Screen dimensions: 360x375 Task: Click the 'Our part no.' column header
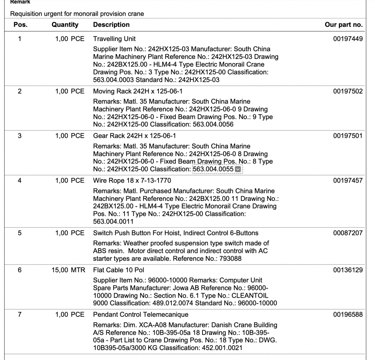[x=344, y=25]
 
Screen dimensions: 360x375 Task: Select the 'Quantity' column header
[x=65, y=25]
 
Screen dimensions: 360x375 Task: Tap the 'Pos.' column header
[x=20, y=25]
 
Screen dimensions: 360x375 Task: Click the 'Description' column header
[x=111, y=25]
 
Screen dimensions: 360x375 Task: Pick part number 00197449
[x=348, y=39]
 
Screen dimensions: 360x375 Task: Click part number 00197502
[x=348, y=91]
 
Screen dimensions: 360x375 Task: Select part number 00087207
[x=348, y=233]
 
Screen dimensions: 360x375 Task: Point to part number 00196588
[x=348, y=315]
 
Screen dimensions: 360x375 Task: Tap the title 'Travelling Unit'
[x=114, y=39]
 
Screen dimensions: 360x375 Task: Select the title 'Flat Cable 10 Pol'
[x=119, y=270]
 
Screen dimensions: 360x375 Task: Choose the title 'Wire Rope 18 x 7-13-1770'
[x=132, y=181]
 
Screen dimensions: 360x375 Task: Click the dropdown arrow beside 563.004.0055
[x=238, y=169]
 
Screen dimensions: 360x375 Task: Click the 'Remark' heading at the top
[x=20, y=2]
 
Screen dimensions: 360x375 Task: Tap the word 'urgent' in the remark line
[x=53, y=14]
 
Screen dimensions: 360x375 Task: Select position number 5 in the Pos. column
[x=20, y=233]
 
